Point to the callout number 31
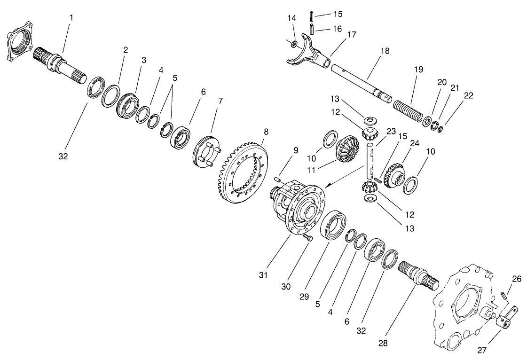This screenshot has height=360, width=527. click(263, 275)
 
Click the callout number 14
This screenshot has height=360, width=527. click(291, 18)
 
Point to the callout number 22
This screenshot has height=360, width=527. click(468, 95)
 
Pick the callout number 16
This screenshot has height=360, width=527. click(338, 29)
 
